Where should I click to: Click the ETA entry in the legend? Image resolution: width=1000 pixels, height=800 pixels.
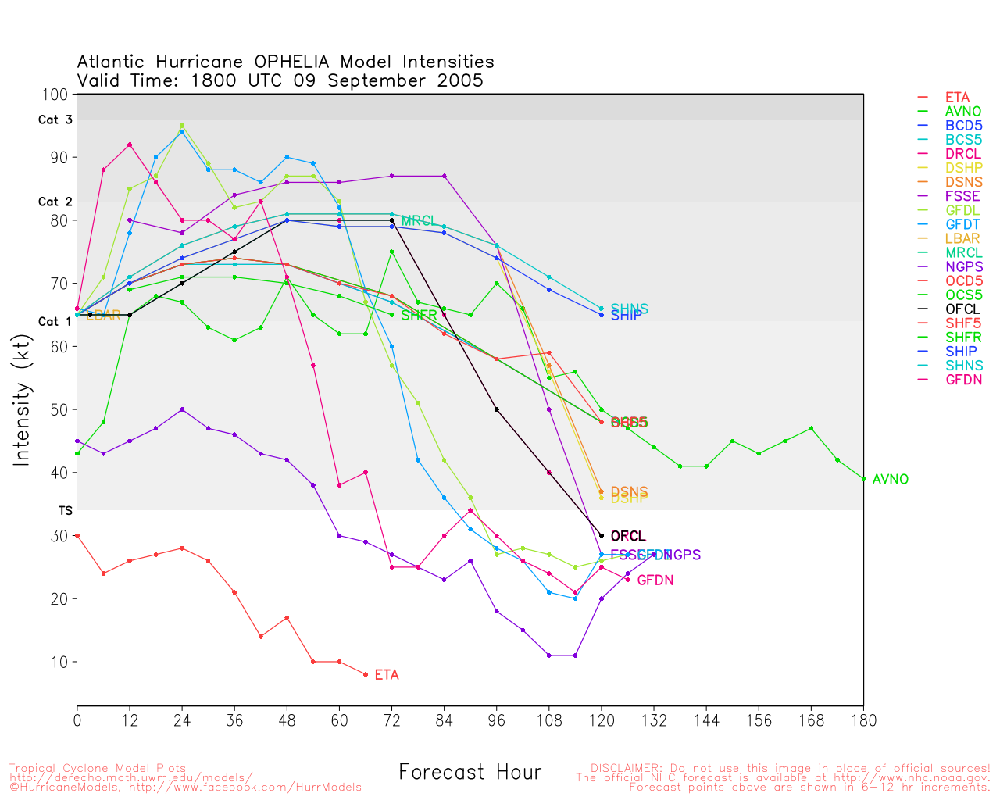point(957,98)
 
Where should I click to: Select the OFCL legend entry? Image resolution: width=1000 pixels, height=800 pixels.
point(962,309)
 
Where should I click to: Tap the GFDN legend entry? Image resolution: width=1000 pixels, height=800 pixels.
point(963,380)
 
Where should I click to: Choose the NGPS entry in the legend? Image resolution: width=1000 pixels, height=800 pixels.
point(963,267)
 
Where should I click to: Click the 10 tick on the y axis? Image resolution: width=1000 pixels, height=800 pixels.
point(60,662)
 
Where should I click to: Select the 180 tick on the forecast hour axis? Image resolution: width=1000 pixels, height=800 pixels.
point(863,720)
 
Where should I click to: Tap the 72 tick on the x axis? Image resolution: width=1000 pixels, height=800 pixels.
point(392,720)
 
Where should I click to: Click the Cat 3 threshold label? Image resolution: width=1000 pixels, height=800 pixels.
point(55,120)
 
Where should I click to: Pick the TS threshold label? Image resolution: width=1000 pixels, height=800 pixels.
point(65,510)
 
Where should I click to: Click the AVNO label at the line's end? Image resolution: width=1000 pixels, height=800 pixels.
point(890,480)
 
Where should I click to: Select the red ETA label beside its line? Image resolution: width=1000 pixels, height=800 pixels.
point(387,675)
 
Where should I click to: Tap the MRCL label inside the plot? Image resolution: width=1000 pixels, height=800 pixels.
point(418,221)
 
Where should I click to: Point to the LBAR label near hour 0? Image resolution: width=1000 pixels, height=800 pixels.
point(103,316)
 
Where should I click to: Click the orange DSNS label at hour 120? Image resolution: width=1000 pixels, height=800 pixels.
point(629,491)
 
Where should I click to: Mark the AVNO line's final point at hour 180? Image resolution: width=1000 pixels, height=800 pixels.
point(863,479)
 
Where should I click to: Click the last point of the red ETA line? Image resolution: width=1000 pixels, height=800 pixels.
point(366,674)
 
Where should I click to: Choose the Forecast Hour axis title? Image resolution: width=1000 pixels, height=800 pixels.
point(470,773)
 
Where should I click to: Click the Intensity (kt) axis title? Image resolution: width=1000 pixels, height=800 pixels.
point(21,402)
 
